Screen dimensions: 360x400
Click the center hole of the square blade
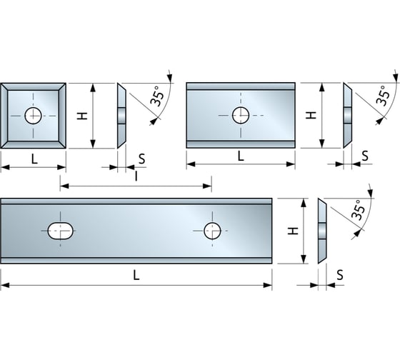[x=33, y=116]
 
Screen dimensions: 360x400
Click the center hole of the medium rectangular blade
[x=241, y=115]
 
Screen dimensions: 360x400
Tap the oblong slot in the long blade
[x=61, y=231]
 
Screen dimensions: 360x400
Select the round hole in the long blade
[x=212, y=231]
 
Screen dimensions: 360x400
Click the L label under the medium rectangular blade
[x=241, y=156]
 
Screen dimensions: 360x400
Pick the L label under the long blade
[x=136, y=276]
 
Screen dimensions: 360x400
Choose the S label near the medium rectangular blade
[x=366, y=156]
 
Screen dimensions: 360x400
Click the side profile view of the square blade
[x=122, y=116]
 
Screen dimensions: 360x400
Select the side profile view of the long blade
[x=322, y=231]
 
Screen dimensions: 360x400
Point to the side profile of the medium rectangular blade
[x=348, y=115]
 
